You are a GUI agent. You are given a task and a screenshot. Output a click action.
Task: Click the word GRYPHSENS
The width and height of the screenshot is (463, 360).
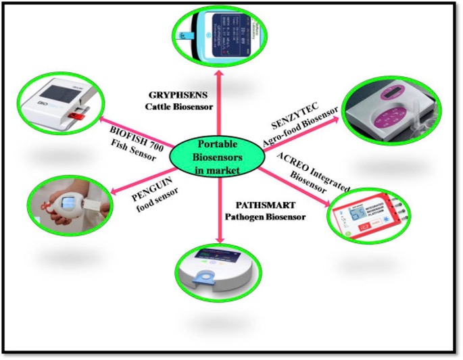[180, 96]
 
